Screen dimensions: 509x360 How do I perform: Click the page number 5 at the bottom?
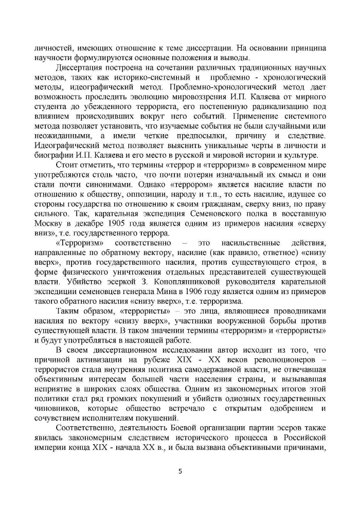(x=180, y=470)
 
